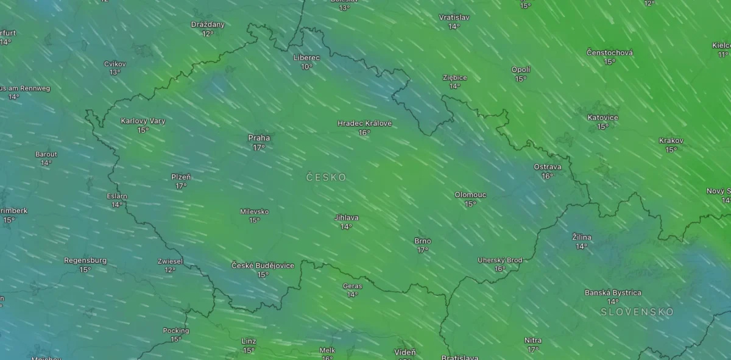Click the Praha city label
(259, 138)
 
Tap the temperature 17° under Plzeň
(181, 186)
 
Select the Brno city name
(423, 241)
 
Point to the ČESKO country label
(326, 177)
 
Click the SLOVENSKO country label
(637, 312)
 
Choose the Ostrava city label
(547, 167)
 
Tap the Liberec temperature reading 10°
(306, 67)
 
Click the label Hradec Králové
(364, 124)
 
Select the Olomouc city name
(470, 195)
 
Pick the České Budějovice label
(263, 266)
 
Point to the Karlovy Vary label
(143, 121)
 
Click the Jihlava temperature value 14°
(347, 227)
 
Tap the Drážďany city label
(208, 25)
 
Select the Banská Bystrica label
(613, 293)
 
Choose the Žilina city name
(582, 238)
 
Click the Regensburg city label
(85, 261)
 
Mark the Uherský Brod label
(500, 260)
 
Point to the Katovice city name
(602, 118)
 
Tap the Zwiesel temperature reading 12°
(170, 270)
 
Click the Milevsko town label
(255, 212)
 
